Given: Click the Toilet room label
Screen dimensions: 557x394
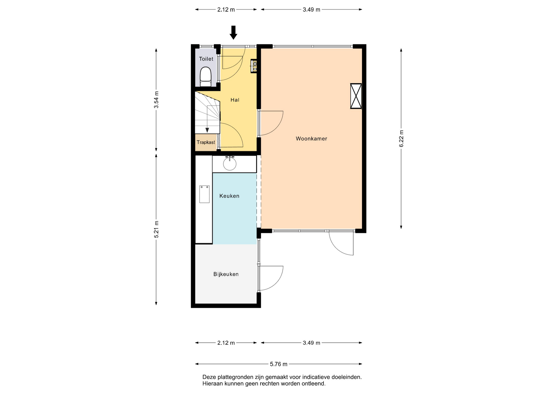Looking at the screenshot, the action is (206, 59).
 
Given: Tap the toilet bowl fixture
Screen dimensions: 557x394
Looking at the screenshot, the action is (206, 77).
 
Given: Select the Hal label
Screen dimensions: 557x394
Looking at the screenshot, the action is (235, 100).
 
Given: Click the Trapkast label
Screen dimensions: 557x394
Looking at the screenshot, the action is (206, 142).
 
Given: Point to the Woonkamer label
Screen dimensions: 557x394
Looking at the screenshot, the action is (311, 139).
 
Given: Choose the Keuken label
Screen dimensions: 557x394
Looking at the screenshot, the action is (229, 196).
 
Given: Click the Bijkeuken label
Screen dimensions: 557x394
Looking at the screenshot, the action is (226, 274).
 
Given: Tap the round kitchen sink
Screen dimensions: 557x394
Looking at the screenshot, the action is (230, 164).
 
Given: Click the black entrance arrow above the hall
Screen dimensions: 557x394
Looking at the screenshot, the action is (233, 32).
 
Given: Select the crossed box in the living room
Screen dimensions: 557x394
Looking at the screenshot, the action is (356, 96).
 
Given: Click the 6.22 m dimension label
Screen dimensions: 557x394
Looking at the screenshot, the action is (401, 139).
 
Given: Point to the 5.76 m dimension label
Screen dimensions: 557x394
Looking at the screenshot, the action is (278, 364).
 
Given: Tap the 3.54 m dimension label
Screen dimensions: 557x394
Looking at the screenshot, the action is (156, 100).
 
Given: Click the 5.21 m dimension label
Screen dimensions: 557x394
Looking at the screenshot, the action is (156, 229).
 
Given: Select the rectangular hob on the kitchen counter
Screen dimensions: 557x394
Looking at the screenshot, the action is (204, 194).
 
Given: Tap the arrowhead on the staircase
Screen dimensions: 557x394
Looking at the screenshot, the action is (207, 130).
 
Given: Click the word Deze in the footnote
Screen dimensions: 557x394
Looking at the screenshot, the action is (209, 377).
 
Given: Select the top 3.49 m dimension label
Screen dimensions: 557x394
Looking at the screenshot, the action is (311, 10).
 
